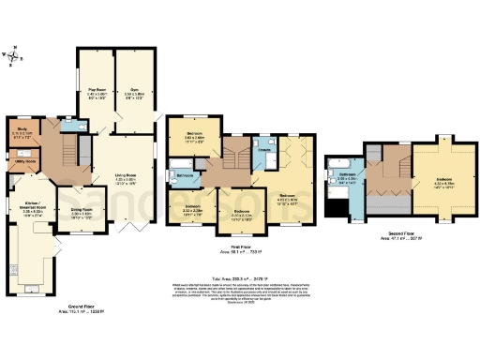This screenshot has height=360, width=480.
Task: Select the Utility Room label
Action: [x=25, y=162]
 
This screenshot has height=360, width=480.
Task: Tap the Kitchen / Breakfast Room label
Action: [x=34, y=208]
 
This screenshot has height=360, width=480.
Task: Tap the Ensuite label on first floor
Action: [x=264, y=150]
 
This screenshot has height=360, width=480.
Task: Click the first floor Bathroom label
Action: [x=184, y=174]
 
